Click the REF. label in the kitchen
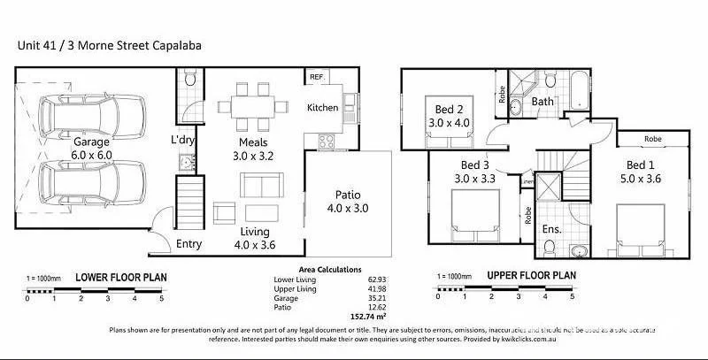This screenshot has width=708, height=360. click(316, 78)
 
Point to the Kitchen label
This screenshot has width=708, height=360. click(323, 107)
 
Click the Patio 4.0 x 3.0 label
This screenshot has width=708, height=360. click(351, 202)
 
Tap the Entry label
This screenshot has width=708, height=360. click(189, 244)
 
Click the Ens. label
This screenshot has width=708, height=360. click(550, 228)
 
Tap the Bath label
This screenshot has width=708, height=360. click(543, 103)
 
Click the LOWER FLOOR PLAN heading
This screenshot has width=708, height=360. click(120, 277)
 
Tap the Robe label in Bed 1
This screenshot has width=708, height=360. click(652, 139)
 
